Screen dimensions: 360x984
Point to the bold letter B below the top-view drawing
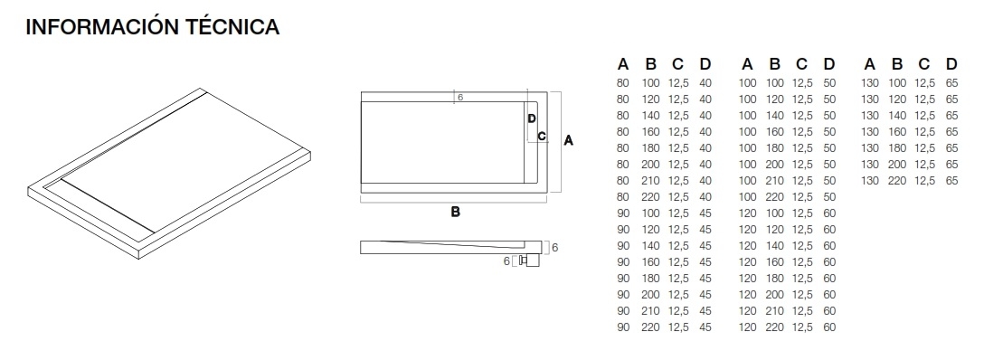click(456, 213)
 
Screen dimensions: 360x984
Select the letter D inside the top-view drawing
click(532, 118)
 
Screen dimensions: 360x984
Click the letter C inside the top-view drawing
click(541, 137)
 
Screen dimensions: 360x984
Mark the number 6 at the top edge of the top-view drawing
click(459, 97)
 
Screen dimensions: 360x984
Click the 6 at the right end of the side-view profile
click(554, 247)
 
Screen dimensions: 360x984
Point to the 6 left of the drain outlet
click(506, 261)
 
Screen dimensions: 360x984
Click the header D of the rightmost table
click(951, 64)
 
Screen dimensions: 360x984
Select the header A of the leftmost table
click(622, 64)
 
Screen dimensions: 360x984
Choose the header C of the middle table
click(801, 64)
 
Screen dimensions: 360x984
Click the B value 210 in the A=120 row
click(775, 311)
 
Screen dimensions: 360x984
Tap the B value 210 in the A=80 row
click(650, 181)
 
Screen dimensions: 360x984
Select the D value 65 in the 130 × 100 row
click(951, 83)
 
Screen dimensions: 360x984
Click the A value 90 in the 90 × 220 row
click(622, 327)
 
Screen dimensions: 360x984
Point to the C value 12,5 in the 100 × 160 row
click(802, 132)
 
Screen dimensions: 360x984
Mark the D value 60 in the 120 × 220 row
click(829, 327)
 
